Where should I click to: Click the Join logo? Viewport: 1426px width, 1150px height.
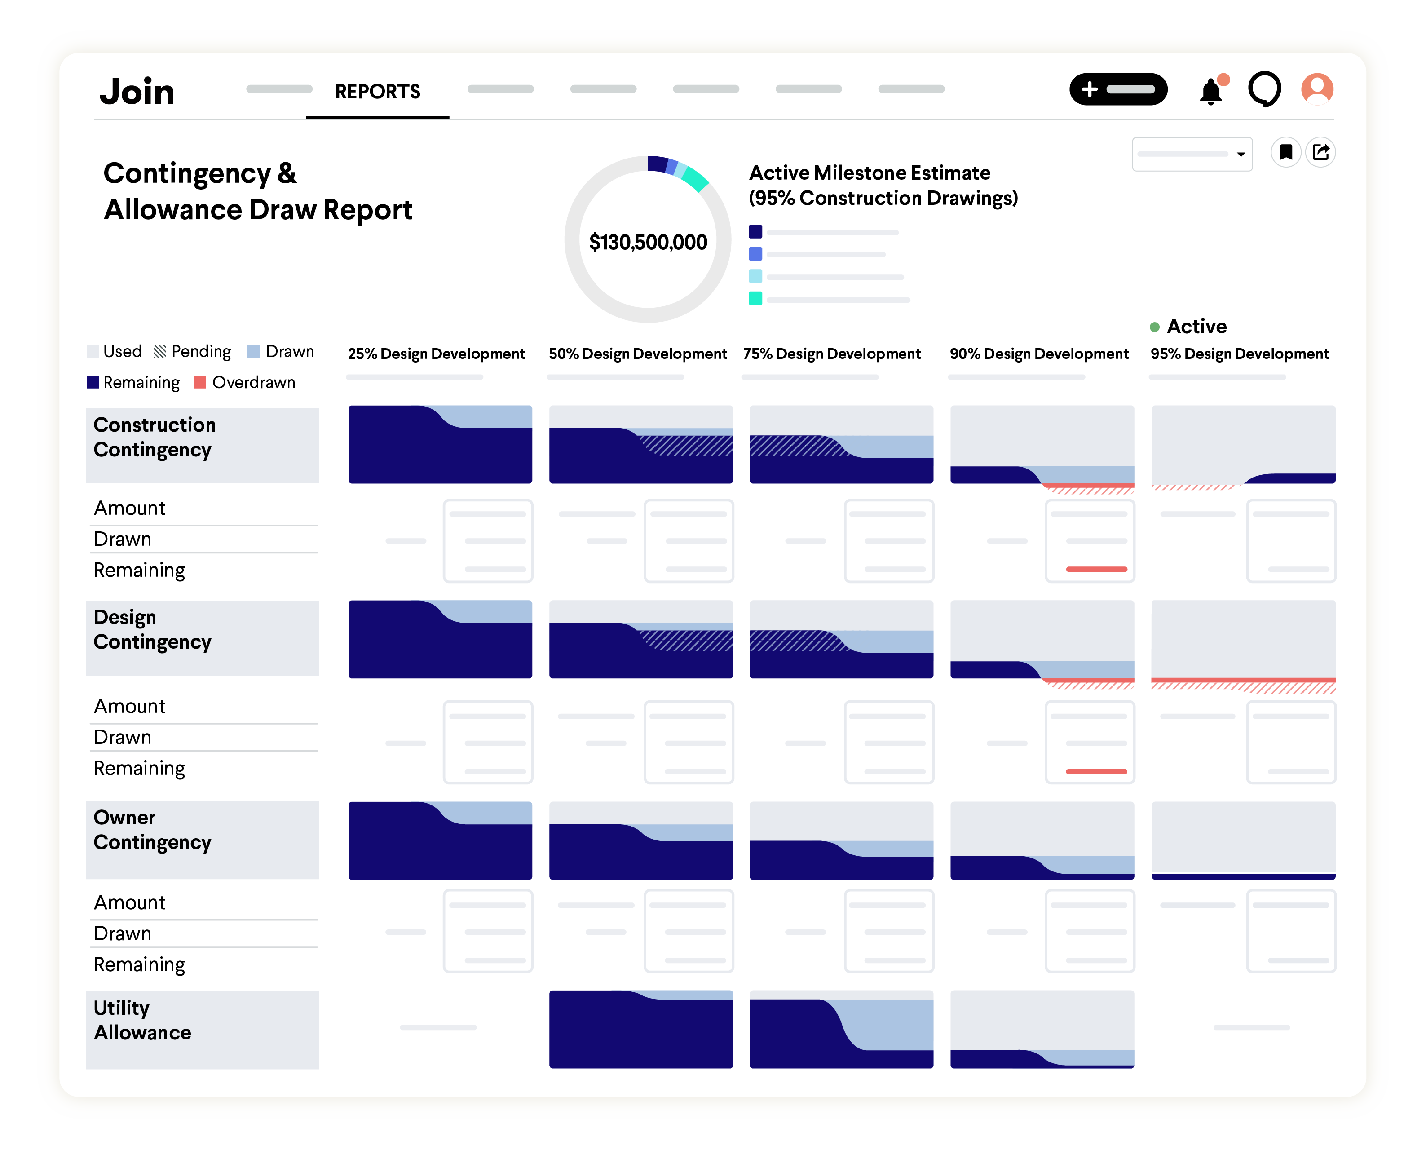(137, 92)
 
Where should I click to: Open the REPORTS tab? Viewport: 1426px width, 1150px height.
(378, 92)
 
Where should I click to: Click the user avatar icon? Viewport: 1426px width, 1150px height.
(1317, 89)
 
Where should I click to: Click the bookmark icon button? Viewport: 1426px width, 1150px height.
(1285, 153)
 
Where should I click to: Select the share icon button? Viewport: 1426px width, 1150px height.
(1321, 153)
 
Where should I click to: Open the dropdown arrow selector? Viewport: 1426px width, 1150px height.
(1241, 155)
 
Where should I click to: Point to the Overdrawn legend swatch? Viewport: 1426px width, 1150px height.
(200, 382)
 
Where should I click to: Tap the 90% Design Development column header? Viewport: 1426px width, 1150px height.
(1038, 354)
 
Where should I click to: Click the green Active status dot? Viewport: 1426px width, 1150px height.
(1154, 327)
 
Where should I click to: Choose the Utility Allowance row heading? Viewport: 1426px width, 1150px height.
(142, 1020)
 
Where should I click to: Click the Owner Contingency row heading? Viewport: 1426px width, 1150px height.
(152, 829)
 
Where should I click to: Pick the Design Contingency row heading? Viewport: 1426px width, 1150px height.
(152, 629)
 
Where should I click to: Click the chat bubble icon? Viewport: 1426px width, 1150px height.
(1264, 89)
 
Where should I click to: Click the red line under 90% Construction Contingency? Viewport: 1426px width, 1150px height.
(1096, 569)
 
